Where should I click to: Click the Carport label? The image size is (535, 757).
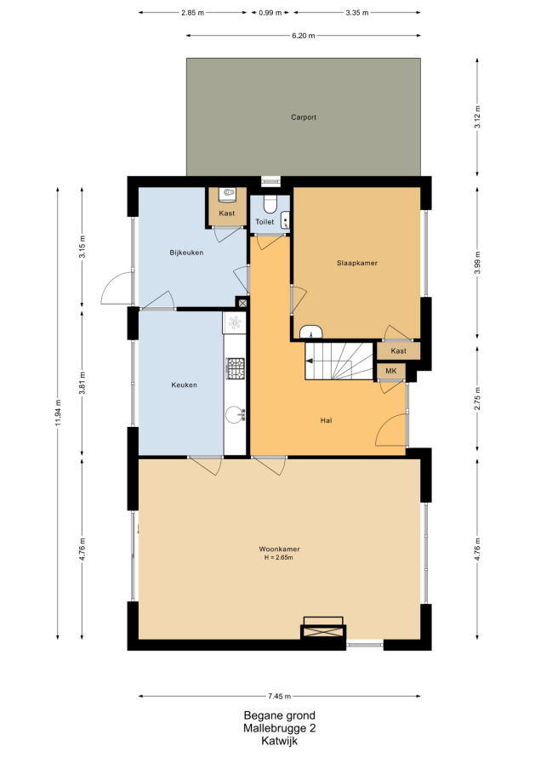pos(304,117)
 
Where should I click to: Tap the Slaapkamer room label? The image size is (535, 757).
pos(357,263)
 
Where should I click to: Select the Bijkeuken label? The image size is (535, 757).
pos(186,253)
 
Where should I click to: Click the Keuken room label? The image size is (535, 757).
pos(184,384)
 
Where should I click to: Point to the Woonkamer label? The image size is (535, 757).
pos(279,549)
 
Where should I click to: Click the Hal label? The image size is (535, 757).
pos(327,420)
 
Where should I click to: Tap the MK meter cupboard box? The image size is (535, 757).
pos(390,371)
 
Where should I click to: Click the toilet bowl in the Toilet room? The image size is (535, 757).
pos(270,203)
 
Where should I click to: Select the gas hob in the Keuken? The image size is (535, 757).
pos(236,368)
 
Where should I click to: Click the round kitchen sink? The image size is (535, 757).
pos(235,415)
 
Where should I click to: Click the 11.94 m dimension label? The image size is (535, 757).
pos(58,413)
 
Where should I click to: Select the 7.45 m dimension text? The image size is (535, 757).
pos(280,696)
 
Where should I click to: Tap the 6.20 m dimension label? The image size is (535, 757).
pos(304,35)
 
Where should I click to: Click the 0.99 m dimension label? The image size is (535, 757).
pos(270,13)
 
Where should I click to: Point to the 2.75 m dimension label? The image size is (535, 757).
pos(477,399)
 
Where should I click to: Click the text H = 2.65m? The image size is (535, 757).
pos(279,558)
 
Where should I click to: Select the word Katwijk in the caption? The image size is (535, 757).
pos(280,741)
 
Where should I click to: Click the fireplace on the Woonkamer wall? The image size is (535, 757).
pos(323,629)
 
